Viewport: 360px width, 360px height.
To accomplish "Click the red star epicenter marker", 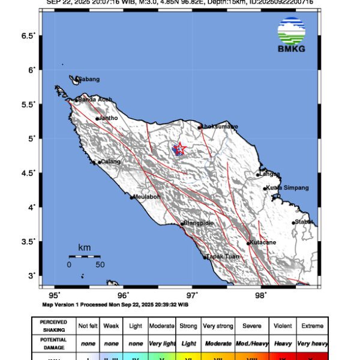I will coord(179,148).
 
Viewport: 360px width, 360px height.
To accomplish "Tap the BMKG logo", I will coord(292,35).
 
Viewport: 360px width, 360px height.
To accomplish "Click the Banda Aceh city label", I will coord(95,99).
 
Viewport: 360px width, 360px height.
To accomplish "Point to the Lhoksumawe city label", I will coord(220,127).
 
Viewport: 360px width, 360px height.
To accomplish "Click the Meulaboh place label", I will coord(149,196).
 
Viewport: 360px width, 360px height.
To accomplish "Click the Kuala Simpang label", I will coord(288,188).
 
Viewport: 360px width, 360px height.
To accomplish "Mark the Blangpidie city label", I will coord(199,223).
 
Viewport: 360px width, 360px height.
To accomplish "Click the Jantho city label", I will coord(109,118).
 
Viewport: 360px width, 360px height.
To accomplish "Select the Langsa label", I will coord(270,174).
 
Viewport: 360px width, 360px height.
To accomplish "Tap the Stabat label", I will coord(304,222).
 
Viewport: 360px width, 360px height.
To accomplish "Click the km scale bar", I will coord(84,256).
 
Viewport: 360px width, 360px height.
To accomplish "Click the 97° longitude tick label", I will coord(192,295).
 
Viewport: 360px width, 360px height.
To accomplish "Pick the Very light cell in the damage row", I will coord(161,343).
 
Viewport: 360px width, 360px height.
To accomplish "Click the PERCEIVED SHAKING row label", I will coord(53,326).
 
